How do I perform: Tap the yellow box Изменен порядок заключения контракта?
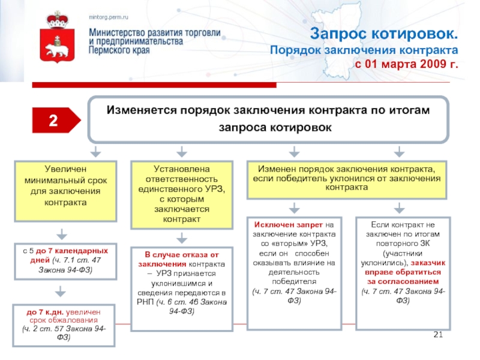(346, 179)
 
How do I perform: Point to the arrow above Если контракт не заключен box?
(402, 208)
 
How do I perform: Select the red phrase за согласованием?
(403, 281)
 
